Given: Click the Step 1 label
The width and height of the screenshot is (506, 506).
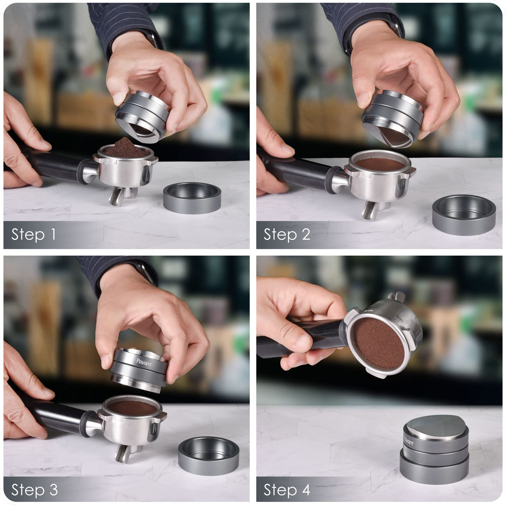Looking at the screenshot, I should pyautogui.click(x=33, y=235).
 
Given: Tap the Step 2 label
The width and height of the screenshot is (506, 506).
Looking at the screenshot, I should pyautogui.click(x=287, y=235).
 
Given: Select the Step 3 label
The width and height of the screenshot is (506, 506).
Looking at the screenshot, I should pyautogui.click(x=34, y=490).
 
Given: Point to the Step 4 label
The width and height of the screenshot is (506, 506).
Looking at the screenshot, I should pyautogui.click(x=287, y=490).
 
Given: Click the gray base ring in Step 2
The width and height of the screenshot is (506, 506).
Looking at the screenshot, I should pyautogui.click(x=464, y=212).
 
